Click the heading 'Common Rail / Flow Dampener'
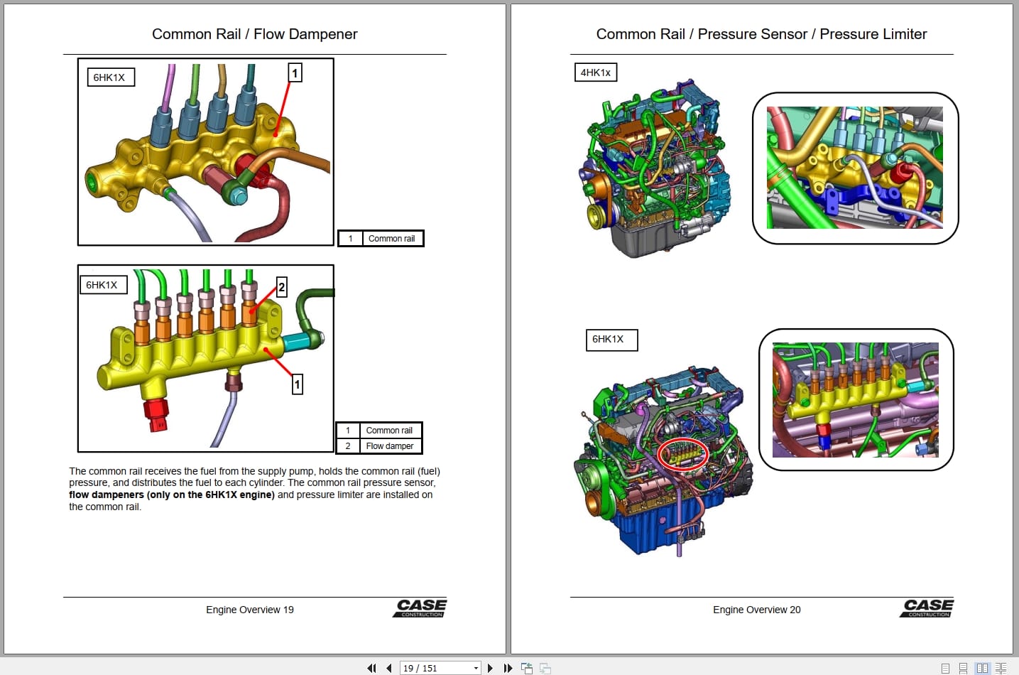click(254, 34)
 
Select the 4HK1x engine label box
click(595, 72)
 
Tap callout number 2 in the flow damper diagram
click(281, 287)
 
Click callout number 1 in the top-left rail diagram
click(295, 72)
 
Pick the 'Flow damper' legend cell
click(389, 446)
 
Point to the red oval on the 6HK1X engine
click(682, 454)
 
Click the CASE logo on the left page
click(420, 607)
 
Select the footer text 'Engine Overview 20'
click(756, 610)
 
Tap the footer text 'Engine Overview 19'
click(249, 610)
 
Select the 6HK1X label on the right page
click(611, 340)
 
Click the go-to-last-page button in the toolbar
click(508, 668)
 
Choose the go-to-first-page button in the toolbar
click(371, 668)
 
